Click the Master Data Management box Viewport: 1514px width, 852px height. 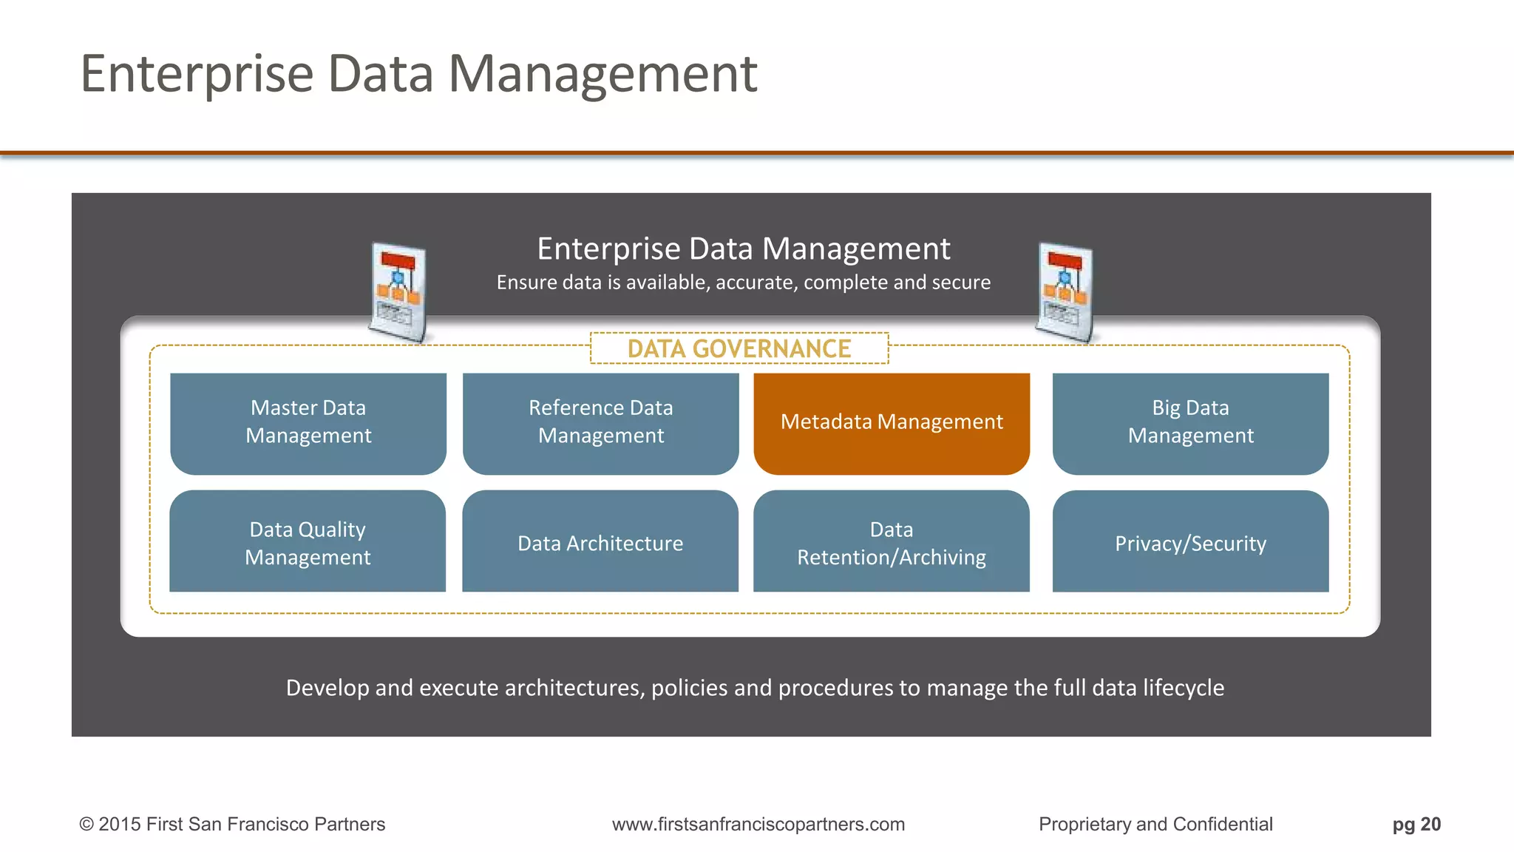point(308,423)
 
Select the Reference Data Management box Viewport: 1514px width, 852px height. point(600,423)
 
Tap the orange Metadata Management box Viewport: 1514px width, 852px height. point(892,423)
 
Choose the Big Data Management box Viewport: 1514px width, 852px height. point(1190,423)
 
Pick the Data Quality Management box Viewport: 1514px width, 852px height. point(308,541)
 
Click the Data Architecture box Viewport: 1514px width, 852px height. point(600,541)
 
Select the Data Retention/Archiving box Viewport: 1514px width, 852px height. point(892,541)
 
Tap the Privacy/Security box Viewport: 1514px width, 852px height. point(1190,541)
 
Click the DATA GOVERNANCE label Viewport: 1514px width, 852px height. point(739,348)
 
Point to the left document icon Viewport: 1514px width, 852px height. point(398,292)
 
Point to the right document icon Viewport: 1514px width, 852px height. point(1065,292)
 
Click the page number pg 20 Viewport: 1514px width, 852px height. point(1416,824)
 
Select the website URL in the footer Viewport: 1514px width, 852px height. point(758,824)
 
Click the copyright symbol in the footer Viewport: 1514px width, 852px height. point(86,824)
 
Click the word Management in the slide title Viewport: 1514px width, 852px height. point(602,74)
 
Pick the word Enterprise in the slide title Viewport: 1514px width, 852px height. point(197,74)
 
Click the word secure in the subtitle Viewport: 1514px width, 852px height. point(960,283)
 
